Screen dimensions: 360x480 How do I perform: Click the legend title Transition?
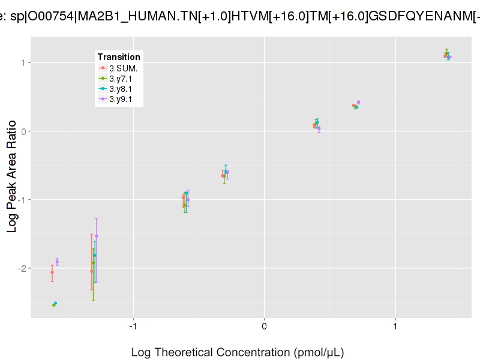coord(119,57)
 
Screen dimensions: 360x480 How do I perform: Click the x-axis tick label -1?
coord(133,326)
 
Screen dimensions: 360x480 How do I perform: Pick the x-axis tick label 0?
coord(265,326)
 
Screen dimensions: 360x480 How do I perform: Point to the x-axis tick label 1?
coord(395,326)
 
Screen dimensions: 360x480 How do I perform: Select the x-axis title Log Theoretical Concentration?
coord(238,352)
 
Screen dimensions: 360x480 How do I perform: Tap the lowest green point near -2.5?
coord(53,305)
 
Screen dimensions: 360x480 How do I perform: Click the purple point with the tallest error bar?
coord(97,236)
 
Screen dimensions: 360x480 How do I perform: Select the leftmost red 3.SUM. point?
coord(52,272)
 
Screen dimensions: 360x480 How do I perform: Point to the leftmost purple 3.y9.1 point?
coord(57,262)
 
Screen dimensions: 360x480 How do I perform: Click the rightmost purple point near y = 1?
coord(449,58)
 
